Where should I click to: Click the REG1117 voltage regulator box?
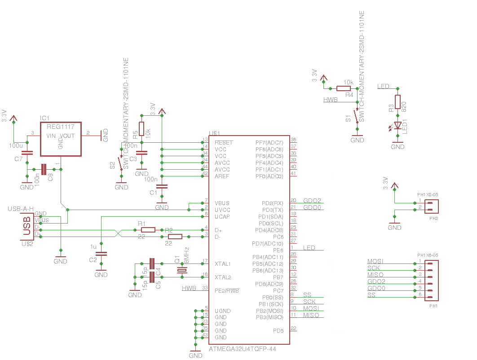click(x=61, y=139)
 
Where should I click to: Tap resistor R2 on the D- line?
click(x=175, y=237)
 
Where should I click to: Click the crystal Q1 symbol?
click(x=182, y=270)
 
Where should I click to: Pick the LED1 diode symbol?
click(x=397, y=126)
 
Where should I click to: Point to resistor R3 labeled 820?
click(x=397, y=102)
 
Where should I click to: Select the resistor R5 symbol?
click(x=141, y=129)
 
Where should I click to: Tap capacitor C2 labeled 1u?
click(x=101, y=254)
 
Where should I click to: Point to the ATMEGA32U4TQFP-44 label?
click(x=243, y=349)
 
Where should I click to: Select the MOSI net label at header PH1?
click(x=375, y=261)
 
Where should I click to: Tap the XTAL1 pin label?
click(x=223, y=263)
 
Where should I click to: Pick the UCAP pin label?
click(x=222, y=216)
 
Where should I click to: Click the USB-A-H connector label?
click(x=21, y=209)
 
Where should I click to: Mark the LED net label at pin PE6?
click(x=309, y=248)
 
